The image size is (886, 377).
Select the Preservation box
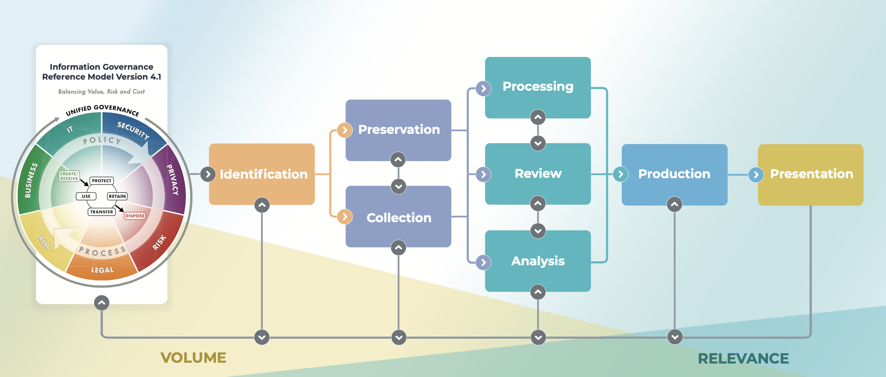(x=399, y=130)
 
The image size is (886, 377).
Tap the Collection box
(x=399, y=217)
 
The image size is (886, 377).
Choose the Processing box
(x=538, y=86)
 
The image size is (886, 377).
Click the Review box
(x=538, y=173)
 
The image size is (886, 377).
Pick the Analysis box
(x=538, y=261)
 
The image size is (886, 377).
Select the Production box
(x=674, y=174)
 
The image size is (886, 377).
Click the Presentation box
(x=811, y=174)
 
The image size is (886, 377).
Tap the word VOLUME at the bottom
(x=193, y=358)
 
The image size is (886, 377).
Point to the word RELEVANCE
(x=743, y=358)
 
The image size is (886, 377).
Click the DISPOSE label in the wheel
(x=135, y=216)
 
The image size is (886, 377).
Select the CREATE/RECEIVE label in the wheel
(x=69, y=176)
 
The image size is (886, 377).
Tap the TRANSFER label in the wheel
(x=101, y=212)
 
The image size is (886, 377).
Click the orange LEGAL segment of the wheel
(x=102, y=269)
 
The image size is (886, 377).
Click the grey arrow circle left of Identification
(x=208, y=174)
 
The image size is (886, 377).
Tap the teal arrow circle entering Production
(x=621, y=174)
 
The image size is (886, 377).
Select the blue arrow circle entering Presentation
(x=756, y=175)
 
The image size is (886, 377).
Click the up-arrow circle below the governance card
(x=102, y=303)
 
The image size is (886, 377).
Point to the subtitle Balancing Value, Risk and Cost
(x=101, y=91)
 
